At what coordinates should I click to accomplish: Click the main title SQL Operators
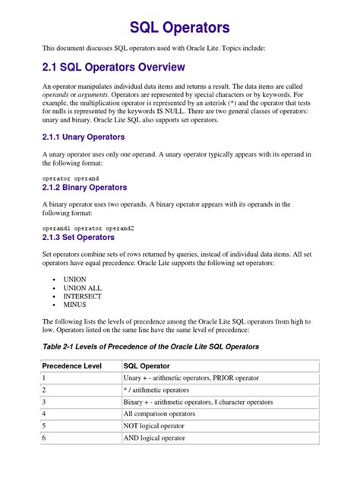pyautogui.click(x=179, y=28)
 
